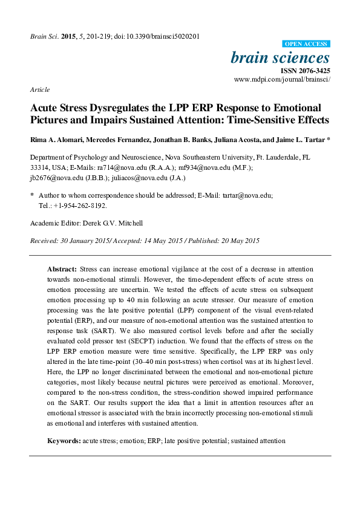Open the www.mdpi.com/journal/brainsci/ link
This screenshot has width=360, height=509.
[x=281, y=80]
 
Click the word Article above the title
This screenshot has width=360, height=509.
[x=39, y=89]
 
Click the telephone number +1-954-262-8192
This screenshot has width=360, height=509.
[x=82, y=205]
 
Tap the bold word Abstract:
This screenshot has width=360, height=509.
[x=62, y=268]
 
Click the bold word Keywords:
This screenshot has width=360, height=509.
[x=64, y=441]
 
